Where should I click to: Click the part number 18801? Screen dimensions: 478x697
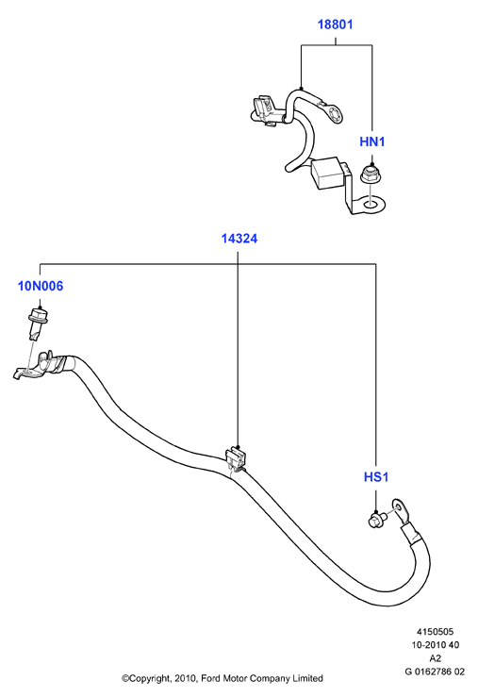click(x=335, y=24)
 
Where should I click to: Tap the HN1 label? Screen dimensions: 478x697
click(x=371, y=141)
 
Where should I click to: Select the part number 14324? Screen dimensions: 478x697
click(x=239, y=239)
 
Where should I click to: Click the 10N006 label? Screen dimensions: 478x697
click(x=41, y=286)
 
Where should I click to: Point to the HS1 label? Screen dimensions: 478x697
click(x=376, y=477)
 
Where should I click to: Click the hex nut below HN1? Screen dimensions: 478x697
click(x=371, y=174)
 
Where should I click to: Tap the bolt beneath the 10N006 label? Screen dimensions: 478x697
click(x=39, y=324)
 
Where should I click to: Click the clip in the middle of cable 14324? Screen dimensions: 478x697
click(x=237, y=459)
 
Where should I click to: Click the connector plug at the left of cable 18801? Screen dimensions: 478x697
click(x=265, y=109)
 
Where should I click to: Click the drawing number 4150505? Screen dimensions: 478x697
click(x=435, y=632)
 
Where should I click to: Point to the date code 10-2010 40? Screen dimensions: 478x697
click(x=435, y=645)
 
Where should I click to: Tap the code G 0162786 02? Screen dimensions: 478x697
click(x=435, y=672)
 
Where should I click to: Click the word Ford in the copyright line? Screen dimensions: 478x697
click(x=210, y=678)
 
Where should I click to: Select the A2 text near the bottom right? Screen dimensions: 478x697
click(x=436, y=658)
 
